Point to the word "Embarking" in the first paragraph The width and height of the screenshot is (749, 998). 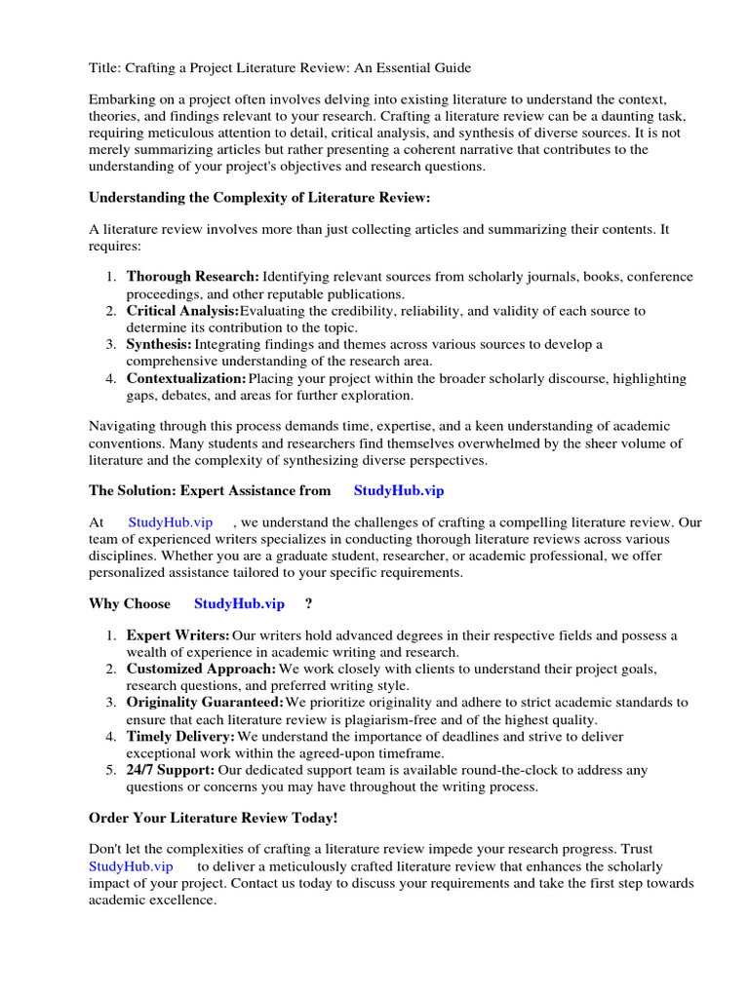click(x=122, y=100)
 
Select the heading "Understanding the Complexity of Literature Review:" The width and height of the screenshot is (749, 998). click(x=259, y=197)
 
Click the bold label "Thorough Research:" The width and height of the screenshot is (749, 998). click(x=192, y=277)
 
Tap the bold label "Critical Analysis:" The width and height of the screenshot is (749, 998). click(x=182, y=311)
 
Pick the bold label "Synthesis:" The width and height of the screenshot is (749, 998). click(x=158, y=344)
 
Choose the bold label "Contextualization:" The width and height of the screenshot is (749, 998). click(x=186, y=378)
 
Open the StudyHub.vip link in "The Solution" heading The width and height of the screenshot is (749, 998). click(x=398, y=491)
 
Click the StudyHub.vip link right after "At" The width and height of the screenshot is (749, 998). click(x=170, y=522)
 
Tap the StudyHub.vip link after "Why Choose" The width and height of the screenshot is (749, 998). click(x=239, y=603)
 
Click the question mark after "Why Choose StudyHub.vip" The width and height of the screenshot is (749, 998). click(x=308, y=603)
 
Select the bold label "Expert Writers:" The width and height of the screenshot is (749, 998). click(x=178, y=635)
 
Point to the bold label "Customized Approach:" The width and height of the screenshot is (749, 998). click(x=201, y=669)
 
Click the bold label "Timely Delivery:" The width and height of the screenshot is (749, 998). click(x=180, y=736)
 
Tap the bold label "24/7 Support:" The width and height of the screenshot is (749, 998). click(x=171, y=770)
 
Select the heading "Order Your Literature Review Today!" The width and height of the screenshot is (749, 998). click(x=214, y=818)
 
